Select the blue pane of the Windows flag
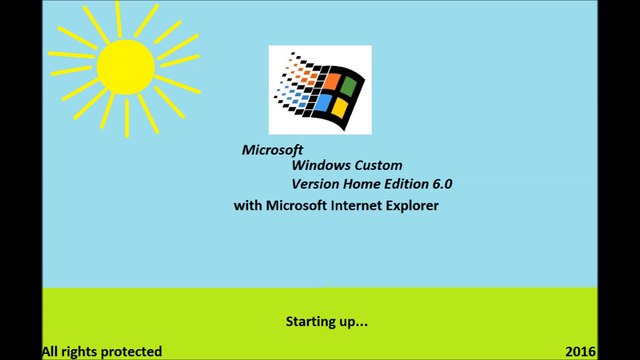tap(319, 103)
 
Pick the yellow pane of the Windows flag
tap(341, 106)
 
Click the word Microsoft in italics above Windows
tap(271, 149)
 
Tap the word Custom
tap(384, 166)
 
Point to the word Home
tap(364, 185)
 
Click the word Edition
tap(411, 185)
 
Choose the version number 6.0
tap(450, 185)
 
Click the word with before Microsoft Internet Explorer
tap(246, 206)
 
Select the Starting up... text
tap(327, 322)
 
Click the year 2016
tap(579, 351)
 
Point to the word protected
tap(129, 351)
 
